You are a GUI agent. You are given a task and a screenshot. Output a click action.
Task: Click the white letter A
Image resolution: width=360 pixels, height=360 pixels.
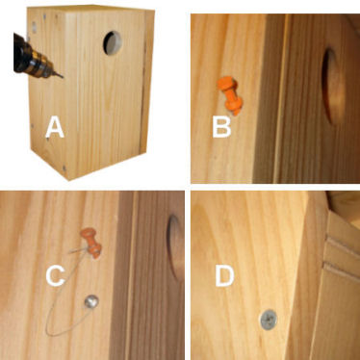click(x=55, y=127)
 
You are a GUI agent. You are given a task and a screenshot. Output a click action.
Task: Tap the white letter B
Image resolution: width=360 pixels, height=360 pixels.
click(x=221, y=127)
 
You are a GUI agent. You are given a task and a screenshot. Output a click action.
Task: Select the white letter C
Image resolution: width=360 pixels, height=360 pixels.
click(x=56, y=275)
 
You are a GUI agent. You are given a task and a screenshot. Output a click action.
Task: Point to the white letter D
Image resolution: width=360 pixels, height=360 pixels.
click(x=224, y=275)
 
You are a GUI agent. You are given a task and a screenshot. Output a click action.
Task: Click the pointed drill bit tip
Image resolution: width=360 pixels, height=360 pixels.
click(x=63, y=77)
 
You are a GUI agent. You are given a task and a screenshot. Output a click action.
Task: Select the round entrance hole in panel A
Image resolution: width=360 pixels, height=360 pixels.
click(x=113, y=42)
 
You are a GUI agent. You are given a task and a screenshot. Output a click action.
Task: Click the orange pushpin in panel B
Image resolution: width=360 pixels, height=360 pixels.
click(x=230, y=94)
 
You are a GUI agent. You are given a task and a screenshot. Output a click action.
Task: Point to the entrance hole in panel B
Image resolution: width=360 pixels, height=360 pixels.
click(x=333, y=86)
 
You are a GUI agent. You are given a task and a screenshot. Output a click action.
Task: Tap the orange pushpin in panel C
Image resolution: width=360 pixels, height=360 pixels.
click(x=91, y=243)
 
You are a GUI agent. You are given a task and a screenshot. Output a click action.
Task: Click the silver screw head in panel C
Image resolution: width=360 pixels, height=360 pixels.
click(x=91, y=302)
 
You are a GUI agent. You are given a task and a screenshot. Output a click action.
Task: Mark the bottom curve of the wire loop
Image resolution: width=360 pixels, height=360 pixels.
click(x=59, y=334)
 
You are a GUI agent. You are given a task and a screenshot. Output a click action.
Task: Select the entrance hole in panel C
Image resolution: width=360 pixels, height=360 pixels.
click(x=175, y=247)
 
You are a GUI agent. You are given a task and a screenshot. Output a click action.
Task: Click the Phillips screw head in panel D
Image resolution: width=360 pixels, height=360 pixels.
click(x=269, y=320)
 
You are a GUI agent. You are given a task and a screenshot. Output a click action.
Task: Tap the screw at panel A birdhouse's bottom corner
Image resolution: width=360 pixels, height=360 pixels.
click(x=64, y=167)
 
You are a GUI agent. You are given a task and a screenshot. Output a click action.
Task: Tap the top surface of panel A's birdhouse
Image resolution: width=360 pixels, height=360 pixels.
click(x=90, y=9)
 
